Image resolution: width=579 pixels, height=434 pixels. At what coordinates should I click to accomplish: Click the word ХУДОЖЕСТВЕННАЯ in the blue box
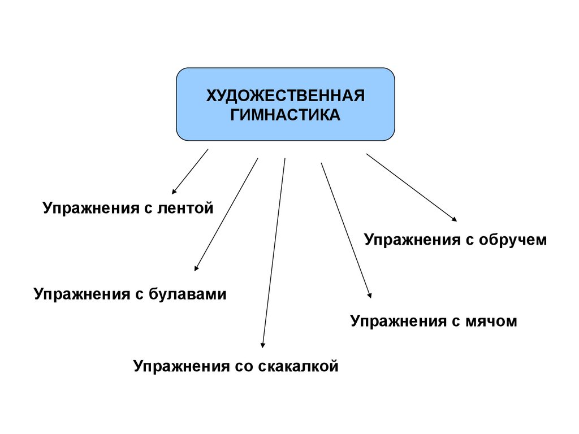click(285, 96)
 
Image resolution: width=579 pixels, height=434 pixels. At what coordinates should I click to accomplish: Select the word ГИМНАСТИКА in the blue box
click(285, 115)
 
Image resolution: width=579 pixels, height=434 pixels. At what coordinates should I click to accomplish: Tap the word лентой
click(188, 209)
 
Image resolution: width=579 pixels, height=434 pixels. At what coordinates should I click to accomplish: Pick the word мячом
click(491, 322)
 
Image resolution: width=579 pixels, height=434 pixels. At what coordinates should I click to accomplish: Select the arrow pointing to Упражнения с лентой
click(190, 172)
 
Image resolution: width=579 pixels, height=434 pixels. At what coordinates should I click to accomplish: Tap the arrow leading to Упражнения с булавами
click(226, 215)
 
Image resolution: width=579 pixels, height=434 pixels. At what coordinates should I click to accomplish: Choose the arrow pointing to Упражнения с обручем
click(412, 187)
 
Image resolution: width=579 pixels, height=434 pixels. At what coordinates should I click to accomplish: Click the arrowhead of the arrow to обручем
click(454, 219)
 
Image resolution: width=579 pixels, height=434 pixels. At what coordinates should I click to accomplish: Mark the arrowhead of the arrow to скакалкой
click(262, 344)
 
